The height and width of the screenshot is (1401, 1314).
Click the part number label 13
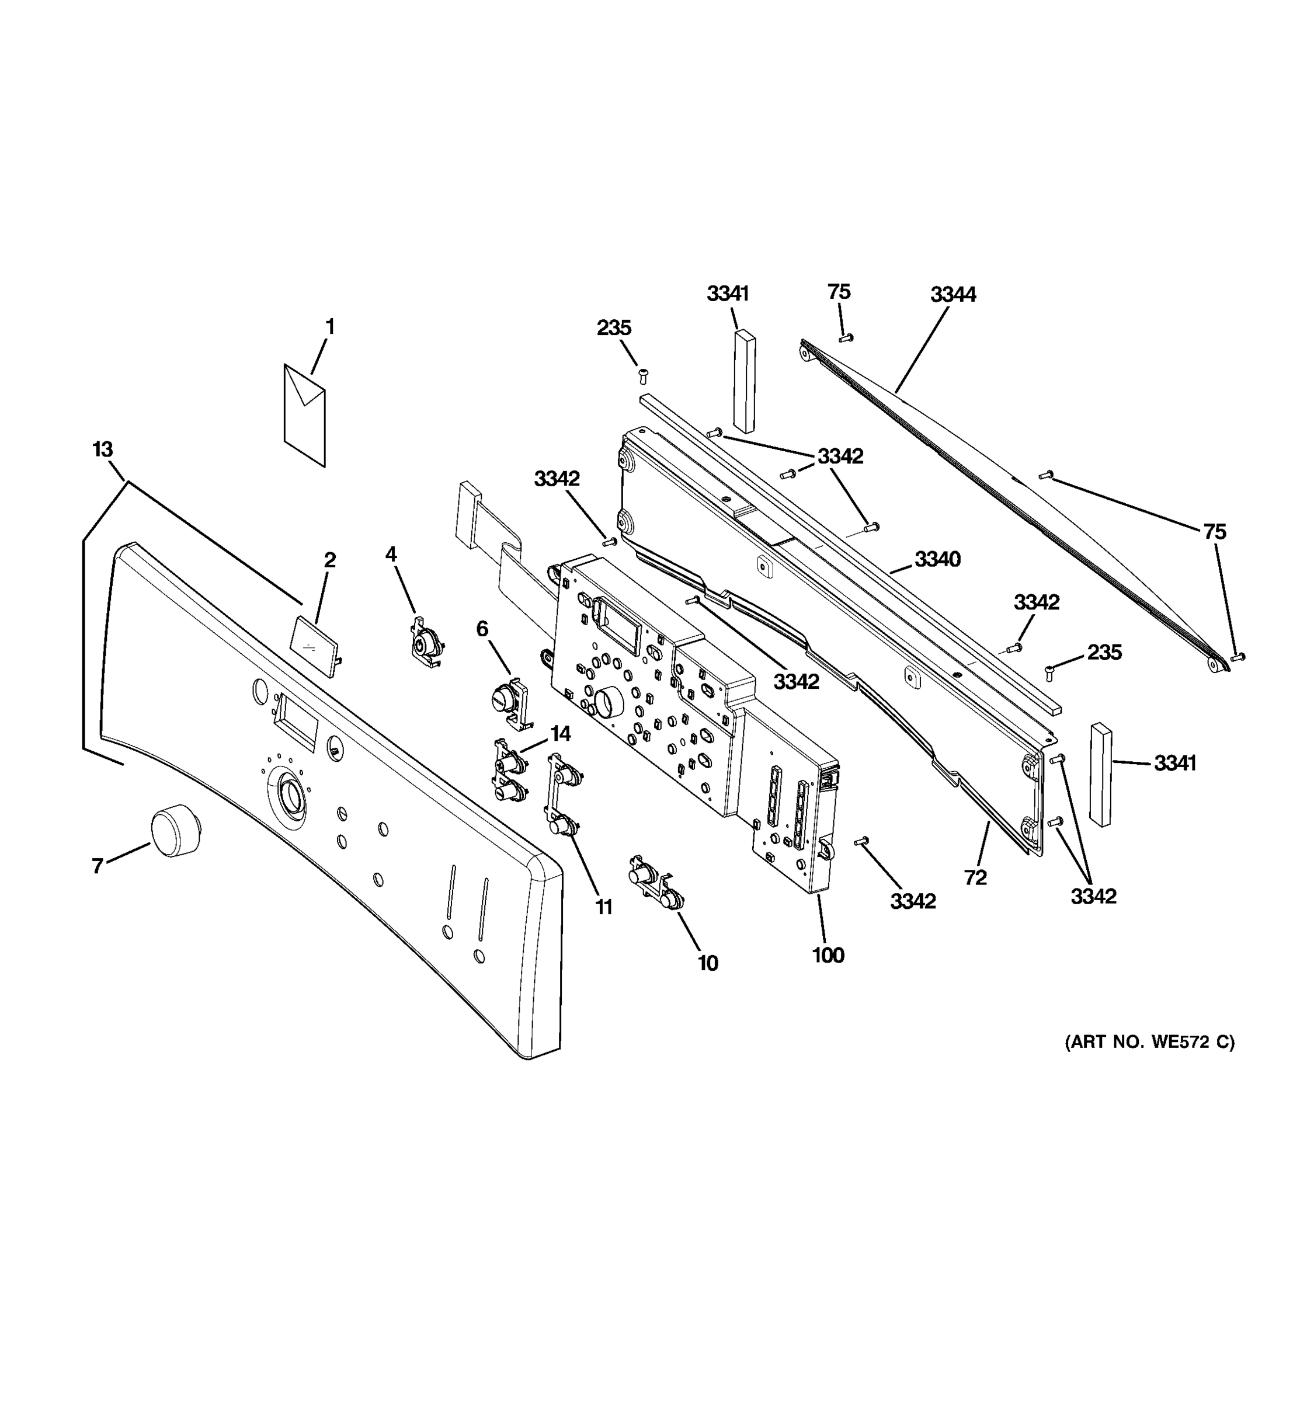pos(103,449)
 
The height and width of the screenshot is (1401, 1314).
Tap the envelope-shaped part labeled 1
pos(304,415)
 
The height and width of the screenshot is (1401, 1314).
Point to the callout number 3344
pos(953,295)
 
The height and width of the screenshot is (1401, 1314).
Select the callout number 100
pos(828,955)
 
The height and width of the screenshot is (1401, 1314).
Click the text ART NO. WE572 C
pos(1149,1041)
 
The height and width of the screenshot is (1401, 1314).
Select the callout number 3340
pos(937,560)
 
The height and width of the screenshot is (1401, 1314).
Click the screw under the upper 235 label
pos(642,374)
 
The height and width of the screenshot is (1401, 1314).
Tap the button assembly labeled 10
pos(656,887)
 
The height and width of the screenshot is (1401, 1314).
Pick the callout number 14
pos(561,734)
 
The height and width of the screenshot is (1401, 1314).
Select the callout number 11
pos(603,908)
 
